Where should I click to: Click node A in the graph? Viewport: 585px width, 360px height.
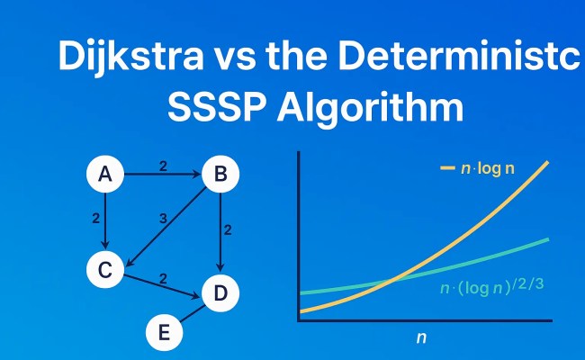pyautogui.click(x=105, y=175)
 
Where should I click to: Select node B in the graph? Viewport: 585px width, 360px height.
pyautogui.click(x=220, y=175)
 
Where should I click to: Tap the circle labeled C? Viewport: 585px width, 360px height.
pyautogui.click(x=105, y=269)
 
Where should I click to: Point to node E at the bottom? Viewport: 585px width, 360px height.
pyautogui.click(x=164, y=331)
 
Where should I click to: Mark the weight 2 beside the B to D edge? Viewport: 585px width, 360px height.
pyautogui.click(x=228, y=230)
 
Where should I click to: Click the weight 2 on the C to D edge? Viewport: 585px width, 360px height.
pyautogui.click(x=163, y=275)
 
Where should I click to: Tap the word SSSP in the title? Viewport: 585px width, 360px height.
pyautogui.click(x=213, y=108)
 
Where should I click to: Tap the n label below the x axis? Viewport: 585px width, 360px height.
pyautogui.click(x=421, y=338)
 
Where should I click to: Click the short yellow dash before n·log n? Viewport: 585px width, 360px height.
pyautogui.click(x=447, y=168)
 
